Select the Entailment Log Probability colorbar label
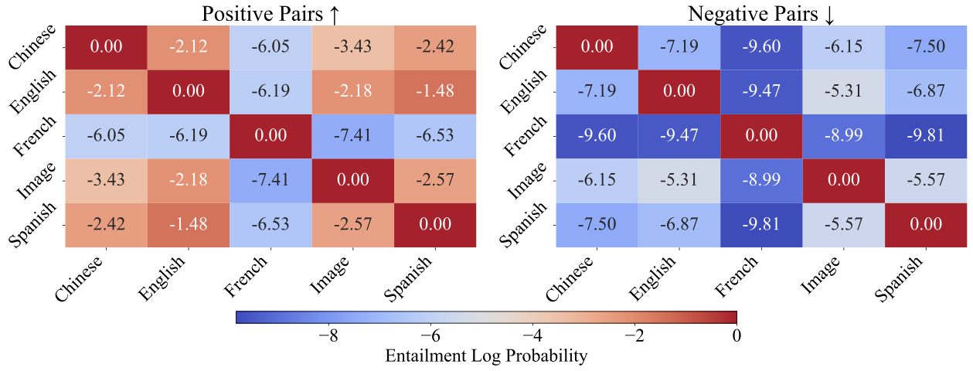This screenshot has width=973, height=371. (x=485, y=356)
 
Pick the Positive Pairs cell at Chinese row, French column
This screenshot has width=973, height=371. (x=270, y=46)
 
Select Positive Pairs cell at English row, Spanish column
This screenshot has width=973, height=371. (x=435, y=90)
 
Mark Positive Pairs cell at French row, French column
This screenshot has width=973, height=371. (x=270, y=136)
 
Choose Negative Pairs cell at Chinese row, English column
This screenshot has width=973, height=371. (x=679, y=46)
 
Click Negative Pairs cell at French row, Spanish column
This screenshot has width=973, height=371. (x=926, y=136)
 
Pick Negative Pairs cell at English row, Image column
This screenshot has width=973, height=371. (x=844, y=90)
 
